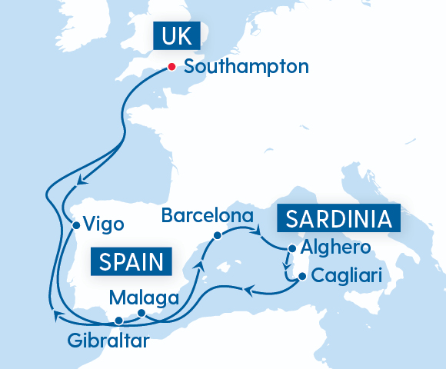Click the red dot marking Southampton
coord(172,66)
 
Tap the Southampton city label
coord(246,66)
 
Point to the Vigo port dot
coord(75,226)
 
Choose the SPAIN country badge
coord(131,262)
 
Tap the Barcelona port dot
coord(218,235)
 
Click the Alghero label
coord(336,248)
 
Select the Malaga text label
coord(145,297)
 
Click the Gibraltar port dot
coord(118,321)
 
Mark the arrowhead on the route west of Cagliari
coord(248,289)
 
